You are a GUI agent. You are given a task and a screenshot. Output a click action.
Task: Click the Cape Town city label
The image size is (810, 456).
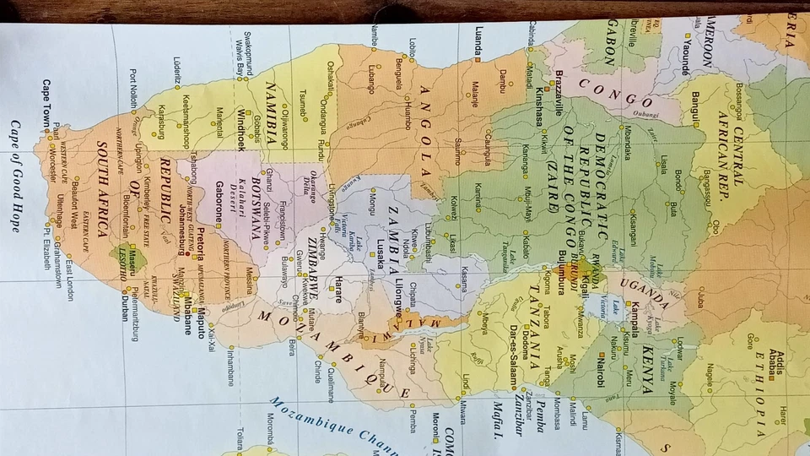point(46,102)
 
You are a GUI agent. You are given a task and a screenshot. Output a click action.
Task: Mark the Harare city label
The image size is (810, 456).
point(337,288)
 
